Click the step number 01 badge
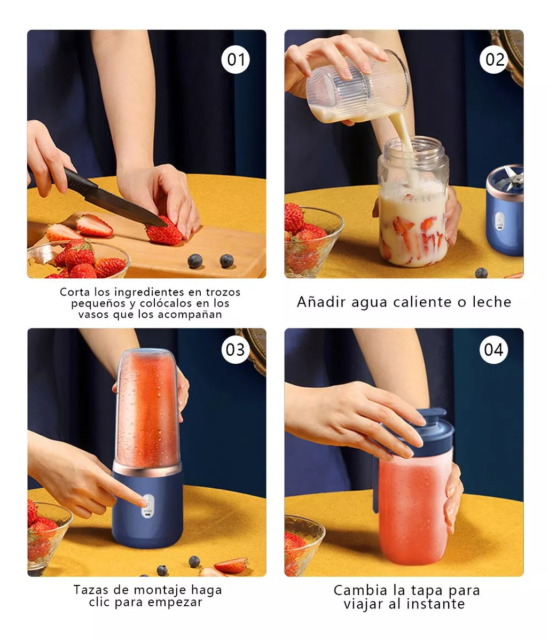(236, 59)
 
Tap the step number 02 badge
(493, 59)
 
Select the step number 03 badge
(236, 349)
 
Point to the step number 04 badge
(493, 349)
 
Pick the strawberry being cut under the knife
(164, 231)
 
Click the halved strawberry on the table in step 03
(231, 565)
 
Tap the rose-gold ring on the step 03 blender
(147, 469)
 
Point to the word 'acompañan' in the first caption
(190, 315)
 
